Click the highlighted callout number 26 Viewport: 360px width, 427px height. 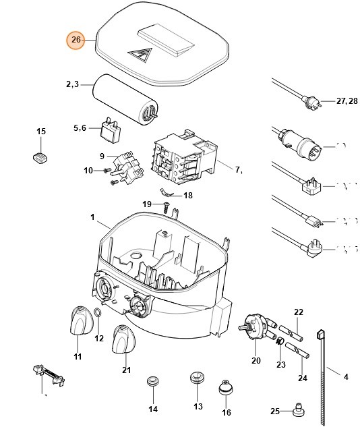(76, 40)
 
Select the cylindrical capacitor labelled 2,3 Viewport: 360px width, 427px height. (127, 98)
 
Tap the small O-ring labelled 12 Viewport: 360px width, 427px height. (98, 314)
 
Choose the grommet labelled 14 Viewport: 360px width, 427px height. (152, 385)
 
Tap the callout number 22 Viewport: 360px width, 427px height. (299, 312)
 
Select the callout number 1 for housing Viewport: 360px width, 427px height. (92, 217)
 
